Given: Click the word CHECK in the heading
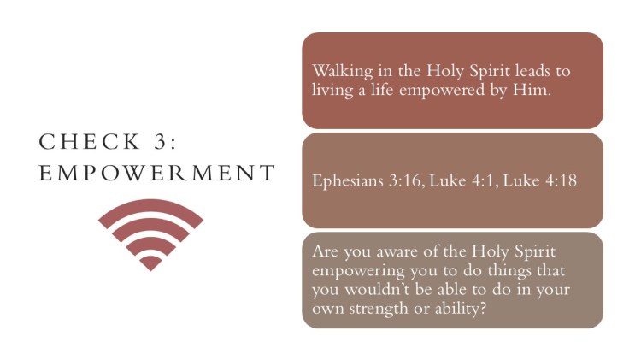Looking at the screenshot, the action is (x=90, y=142).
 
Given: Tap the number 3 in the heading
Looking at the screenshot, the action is (x=161, y=142).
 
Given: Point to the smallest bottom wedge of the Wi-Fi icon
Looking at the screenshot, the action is (x=150, y=263).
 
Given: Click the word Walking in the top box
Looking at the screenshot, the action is (x=343, y=72).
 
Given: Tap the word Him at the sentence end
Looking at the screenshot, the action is (x=532, y=90).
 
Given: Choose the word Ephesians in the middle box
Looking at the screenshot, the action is (x=348, y=180).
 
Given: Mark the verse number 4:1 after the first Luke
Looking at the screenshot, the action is (x=485, y=180).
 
